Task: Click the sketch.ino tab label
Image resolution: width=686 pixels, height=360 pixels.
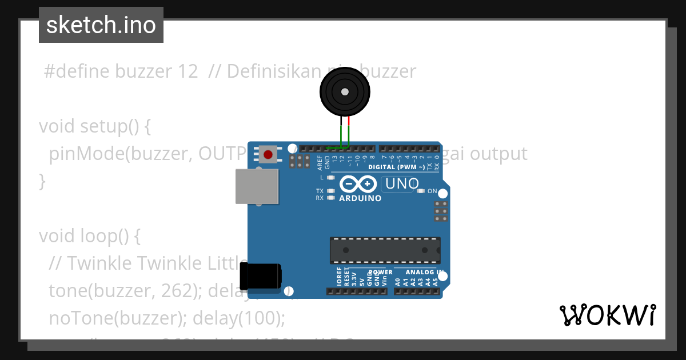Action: pyautogui.click(x=101, y=25)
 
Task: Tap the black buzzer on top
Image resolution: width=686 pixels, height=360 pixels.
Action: pyautogui.click(x=344, y=92)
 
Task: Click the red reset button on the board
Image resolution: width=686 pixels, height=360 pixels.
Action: pyautogui.click(x=268, y=154)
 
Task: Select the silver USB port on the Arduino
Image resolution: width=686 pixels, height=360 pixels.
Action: pyautogui.click(x=257, y=186)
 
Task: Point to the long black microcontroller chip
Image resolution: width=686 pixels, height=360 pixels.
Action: pyautogui.click(x=385, y=250)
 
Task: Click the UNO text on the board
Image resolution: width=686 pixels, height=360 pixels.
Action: pyautogui.click(x=402, y=184)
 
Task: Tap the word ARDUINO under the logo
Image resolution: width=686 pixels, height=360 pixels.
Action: pyautogui.click(x=360, y=198)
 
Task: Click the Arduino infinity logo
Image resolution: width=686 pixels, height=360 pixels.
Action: pyautogui.click(x=358, y=184)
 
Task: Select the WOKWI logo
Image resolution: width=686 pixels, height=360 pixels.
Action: pyautogui.click(x=607, y=315)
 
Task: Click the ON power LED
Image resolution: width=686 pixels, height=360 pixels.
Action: pyautogui.click(x=421, y=191)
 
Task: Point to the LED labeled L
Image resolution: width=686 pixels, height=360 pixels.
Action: pyautogui.click(x=330, y=178)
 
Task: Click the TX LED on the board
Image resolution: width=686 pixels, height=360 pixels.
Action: pyautogui.click(x=330, y=191)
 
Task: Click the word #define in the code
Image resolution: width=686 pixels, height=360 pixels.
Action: pyautogui.click(x=77, y=71)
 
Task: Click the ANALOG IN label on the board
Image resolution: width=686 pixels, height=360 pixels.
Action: pyautogui.click(x=423, y=273)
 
